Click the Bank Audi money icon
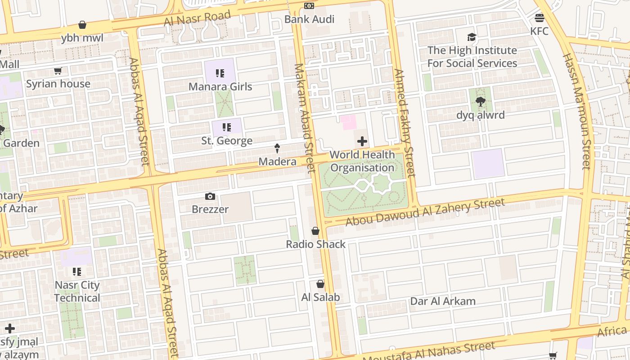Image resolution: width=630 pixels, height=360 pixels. [309, 6]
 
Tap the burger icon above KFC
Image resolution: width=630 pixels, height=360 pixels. [540, 18]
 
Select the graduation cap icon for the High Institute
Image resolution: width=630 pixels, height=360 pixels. [472, 37]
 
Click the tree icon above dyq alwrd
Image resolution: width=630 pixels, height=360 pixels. [480, 102]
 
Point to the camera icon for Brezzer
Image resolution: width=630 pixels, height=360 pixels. [210, 196]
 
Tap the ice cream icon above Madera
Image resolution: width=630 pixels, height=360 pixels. [277, 148]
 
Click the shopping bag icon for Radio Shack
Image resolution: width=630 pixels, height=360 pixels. [315, 231]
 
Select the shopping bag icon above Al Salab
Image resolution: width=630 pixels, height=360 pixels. [320, 284]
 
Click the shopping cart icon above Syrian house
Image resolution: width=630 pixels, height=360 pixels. [58, 71]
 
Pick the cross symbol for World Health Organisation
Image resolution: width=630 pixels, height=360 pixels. [362, 142]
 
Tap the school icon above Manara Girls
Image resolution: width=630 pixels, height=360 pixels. [220, 73]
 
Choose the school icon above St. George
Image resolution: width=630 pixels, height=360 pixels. [227, 127]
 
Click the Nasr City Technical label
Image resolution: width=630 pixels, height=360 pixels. [77, 292]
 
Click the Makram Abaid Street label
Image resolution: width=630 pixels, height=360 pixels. [305, 118]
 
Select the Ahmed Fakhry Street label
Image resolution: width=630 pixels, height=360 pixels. [404, 122]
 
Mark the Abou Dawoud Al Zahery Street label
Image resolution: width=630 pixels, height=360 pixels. [425, 213]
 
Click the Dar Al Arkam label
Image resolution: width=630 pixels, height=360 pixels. [443, 301]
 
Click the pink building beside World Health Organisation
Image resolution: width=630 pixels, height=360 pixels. [348, 122]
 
